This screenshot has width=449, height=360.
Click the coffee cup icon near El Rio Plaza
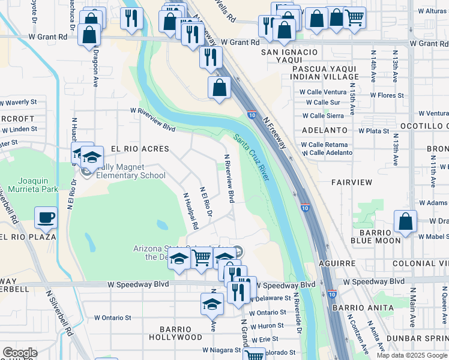click(46, 218)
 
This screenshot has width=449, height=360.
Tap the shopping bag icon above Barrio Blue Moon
click(406, 221)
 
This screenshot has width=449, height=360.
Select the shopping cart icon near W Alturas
click(355, 19)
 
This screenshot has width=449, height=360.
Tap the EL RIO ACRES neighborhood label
click(137, 149)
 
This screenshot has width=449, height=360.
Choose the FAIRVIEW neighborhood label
click(351, 182)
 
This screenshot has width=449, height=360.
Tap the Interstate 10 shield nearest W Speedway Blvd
click(332, 294)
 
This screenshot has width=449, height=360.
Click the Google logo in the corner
click(20, 353)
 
